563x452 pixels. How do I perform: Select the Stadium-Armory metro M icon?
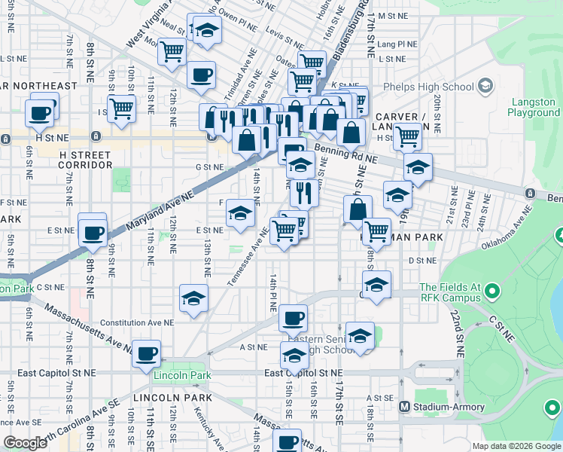[405, 407]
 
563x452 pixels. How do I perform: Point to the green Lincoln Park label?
[181, 375]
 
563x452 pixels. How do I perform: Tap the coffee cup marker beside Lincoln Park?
[146, 352]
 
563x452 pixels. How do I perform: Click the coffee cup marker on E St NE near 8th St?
[93, 231]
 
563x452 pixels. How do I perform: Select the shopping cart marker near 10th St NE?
[121, 108]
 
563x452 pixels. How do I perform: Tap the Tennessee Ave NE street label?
[248, 257]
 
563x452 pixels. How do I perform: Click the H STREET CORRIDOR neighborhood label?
[85, 160]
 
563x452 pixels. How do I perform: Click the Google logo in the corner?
[25, 443]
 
